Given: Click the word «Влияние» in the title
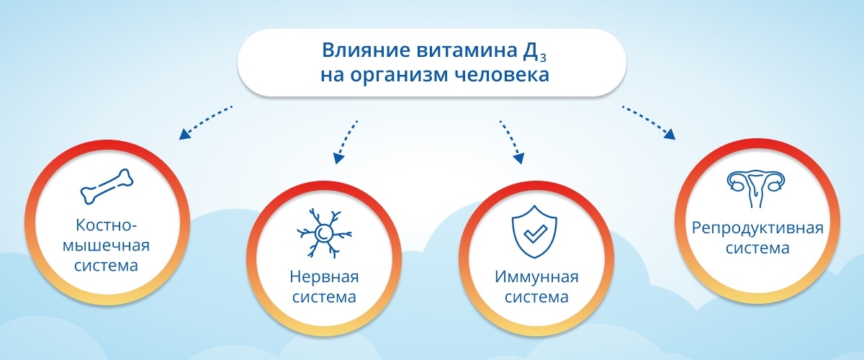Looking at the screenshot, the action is point(366,50).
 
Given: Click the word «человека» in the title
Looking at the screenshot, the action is point(501,75).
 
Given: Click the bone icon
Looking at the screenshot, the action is point(107,186).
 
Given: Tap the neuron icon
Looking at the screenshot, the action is point(324,233).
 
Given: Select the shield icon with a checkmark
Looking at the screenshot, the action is point(534,230).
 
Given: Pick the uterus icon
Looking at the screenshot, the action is point(756,189).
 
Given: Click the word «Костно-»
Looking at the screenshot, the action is point(107,225).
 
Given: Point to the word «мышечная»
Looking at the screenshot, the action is point(106,246).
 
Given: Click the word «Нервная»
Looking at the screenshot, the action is point(324,277).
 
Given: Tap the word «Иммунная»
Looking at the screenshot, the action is point(536,277).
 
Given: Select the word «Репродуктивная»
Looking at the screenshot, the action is point(757,228).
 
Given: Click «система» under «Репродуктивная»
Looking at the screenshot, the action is point(757,248).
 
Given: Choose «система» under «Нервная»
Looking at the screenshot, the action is point(324,297).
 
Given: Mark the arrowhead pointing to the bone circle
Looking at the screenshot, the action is point(184,134).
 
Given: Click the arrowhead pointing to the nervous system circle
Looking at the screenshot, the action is point(338,158).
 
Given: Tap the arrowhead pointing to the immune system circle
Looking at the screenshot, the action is point(519,158).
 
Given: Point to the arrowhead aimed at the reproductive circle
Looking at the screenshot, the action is point(670,134).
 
